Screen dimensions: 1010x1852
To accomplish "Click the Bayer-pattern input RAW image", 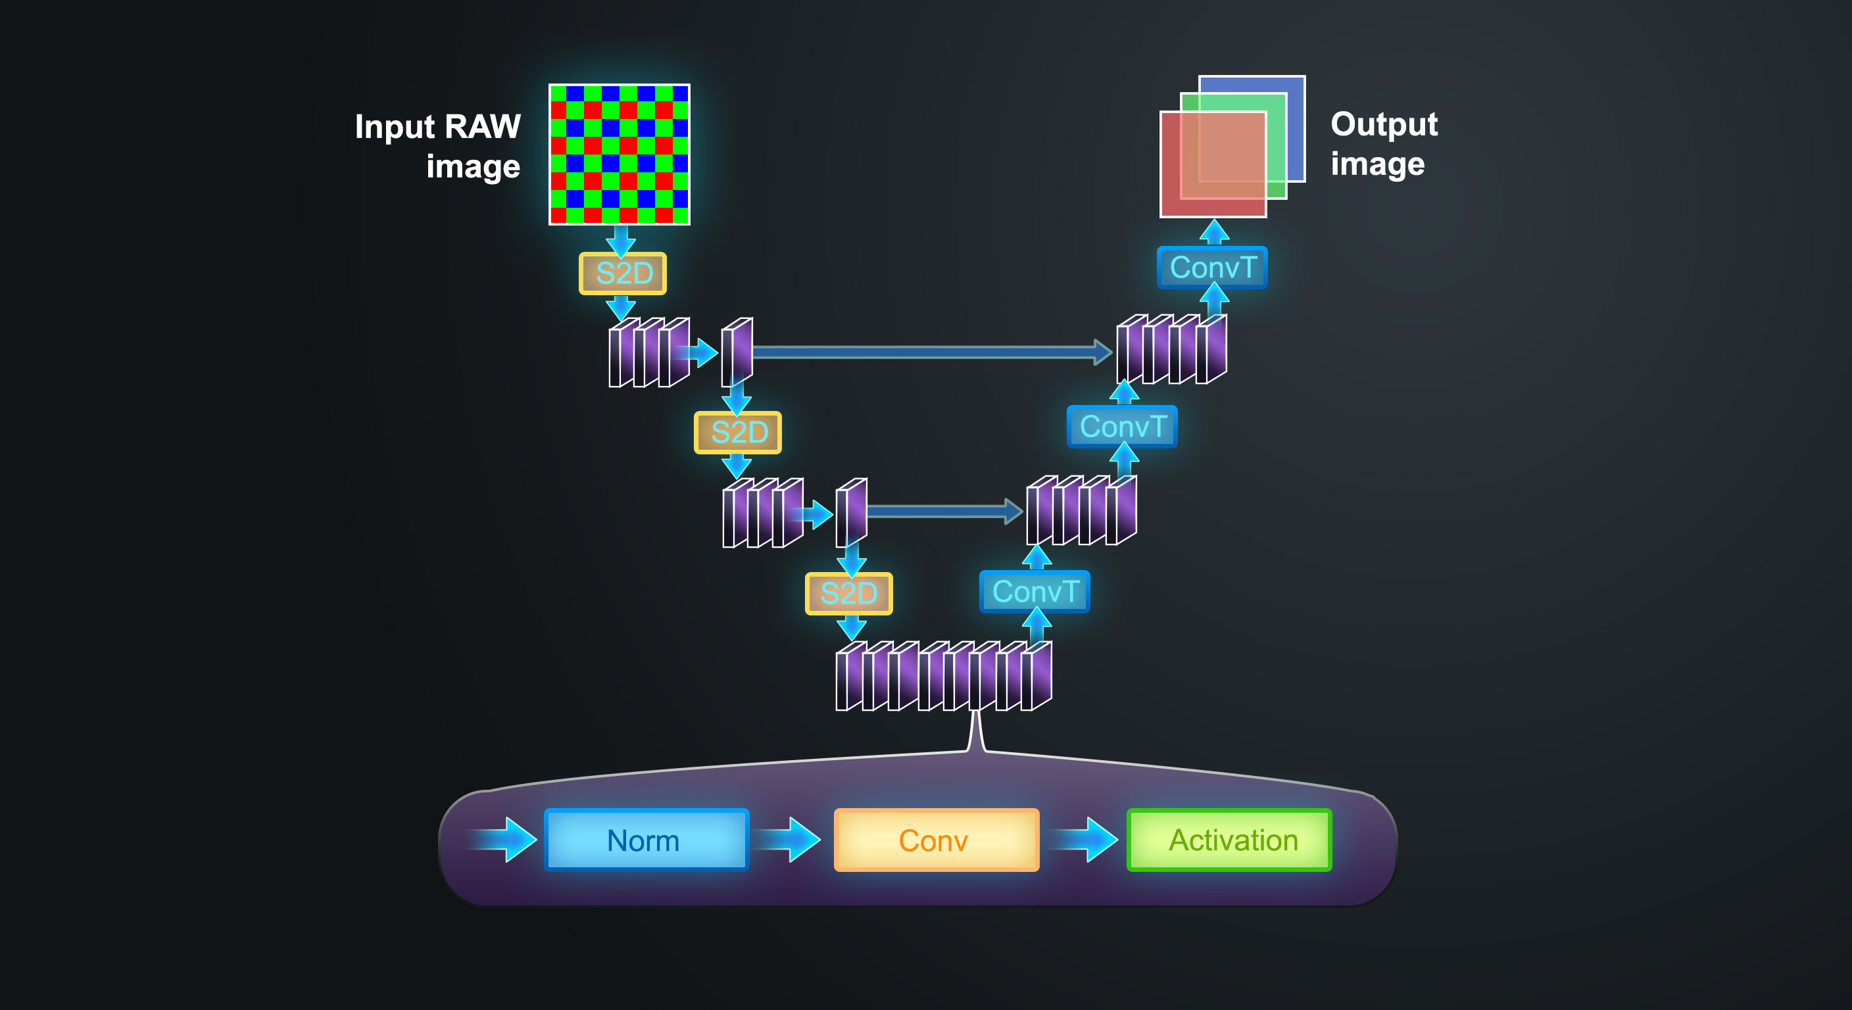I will pos(619,154).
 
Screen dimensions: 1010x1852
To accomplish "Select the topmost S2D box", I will pos(623,273).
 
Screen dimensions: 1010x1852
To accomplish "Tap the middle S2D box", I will pos(738,432).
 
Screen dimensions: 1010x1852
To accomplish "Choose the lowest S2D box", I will pos(848,593).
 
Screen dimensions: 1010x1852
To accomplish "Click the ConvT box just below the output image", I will pos(1212,268).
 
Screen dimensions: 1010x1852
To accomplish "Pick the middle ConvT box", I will pos(1121,426).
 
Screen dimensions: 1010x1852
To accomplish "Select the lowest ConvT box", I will pos(1035,592).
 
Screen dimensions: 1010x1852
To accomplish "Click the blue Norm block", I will pos(646,840).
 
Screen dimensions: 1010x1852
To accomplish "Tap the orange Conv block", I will pos(935,840).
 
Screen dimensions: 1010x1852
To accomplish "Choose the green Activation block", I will pos(1229,840).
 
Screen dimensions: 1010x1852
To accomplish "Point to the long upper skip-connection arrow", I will pos(927,352).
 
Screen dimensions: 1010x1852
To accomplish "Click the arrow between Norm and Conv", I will pos(789,839).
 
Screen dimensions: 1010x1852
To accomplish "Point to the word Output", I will pos(1384,124).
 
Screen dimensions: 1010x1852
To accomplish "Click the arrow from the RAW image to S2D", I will pos(620,240).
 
